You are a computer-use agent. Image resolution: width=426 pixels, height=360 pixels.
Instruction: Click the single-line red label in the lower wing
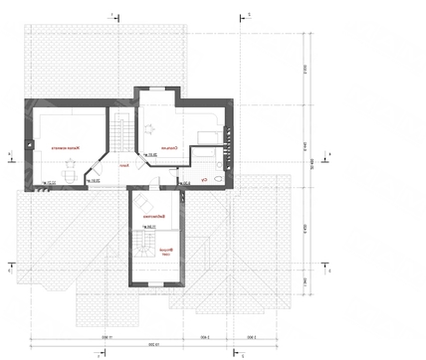coord(152,216)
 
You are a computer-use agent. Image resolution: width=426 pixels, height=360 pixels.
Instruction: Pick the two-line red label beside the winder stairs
coord(168,253)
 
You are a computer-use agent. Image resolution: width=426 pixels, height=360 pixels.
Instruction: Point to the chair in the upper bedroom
coord(151,126)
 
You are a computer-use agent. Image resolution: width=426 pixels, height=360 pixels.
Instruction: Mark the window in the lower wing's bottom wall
coord(154,285)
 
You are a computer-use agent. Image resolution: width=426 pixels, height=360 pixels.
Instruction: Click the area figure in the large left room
coord(49,182)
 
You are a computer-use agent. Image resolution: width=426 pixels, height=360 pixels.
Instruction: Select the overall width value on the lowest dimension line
coord(153,347)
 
